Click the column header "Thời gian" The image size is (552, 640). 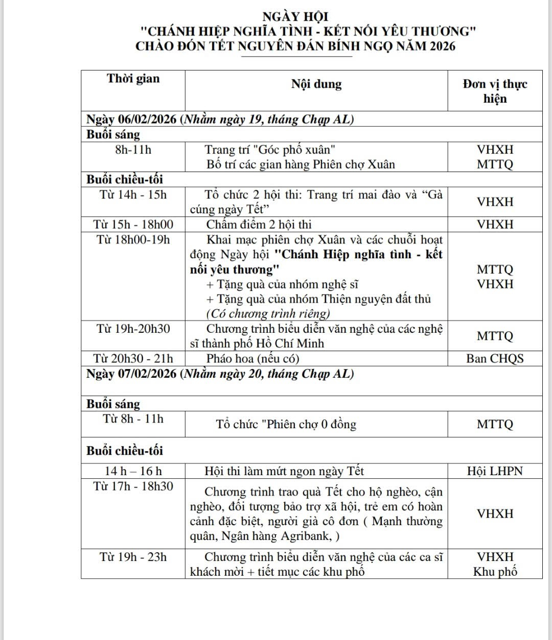(133, 79)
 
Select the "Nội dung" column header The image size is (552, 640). (316, 84)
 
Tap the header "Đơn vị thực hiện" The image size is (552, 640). (495, 91)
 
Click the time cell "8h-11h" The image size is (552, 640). (133, 150)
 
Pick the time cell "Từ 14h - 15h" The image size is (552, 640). (133, 194)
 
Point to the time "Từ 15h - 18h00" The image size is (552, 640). (133, 225)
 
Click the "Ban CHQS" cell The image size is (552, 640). (495, 358)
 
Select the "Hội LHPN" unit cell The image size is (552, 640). (495, 471)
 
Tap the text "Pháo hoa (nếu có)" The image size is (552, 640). (252, 358)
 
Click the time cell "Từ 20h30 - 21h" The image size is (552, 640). (133, 358)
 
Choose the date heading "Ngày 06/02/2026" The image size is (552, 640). (131, 119)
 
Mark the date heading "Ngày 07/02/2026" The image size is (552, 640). (131, 374)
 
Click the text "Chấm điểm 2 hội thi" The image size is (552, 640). (259, 225)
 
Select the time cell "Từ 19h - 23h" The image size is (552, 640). (133, 557)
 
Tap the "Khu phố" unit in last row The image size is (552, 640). (495, 572)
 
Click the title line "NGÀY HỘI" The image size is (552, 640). (295, 17)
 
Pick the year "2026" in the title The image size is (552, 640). (442, 46)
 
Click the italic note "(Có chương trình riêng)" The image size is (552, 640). (268, 313)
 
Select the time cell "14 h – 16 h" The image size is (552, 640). (133, 471)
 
